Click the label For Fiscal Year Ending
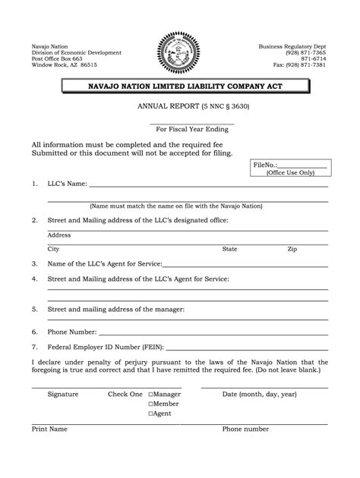191,130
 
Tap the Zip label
292,249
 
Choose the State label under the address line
229,249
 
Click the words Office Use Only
291,172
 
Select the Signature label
62,395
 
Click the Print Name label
49,429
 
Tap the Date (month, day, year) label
259,395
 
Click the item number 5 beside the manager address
34,310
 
